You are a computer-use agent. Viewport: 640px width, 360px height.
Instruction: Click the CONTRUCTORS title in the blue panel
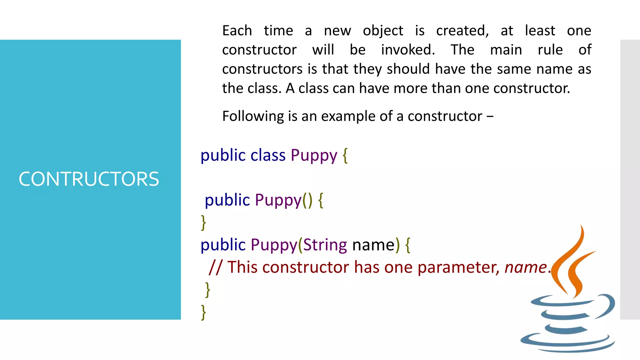(x=89, y=179)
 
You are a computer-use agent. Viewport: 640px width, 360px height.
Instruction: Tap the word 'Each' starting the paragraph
(x=237, y=31)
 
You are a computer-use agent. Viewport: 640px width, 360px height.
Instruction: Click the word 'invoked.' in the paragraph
(x=407, y=50)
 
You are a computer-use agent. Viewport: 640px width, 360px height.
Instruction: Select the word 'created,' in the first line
(x=462, y=31)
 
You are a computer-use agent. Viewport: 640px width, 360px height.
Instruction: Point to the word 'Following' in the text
(x=253, y=116)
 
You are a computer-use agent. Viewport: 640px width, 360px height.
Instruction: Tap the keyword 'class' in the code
(x=268, y=155)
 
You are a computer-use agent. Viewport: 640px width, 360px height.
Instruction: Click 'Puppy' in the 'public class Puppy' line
(x=314, y=155)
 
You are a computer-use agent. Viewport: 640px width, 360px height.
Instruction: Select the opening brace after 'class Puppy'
(x=345, y=155)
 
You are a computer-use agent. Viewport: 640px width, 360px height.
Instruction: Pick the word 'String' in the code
(x=325, y=245)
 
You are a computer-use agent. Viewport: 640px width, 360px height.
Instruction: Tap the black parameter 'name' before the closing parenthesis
(x=373, y=245)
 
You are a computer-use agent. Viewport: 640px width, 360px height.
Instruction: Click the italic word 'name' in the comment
(x=525, y=267)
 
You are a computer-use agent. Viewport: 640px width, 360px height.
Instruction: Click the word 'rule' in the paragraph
(x=550, y=50)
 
